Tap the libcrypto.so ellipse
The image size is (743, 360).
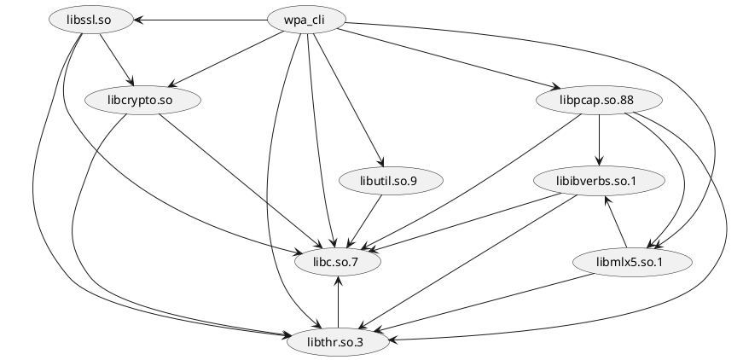click(x=142, y=101)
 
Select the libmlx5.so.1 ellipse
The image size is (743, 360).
click(x=630, y=262)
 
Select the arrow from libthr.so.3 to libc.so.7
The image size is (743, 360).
click(x=339, y=302)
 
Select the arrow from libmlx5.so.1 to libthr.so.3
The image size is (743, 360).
click(x=486, y=303)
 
